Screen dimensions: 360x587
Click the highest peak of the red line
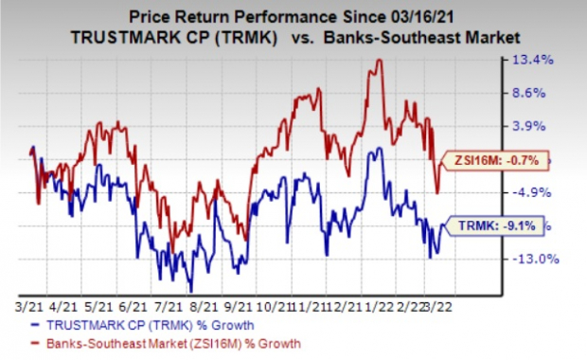coord(379,61)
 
